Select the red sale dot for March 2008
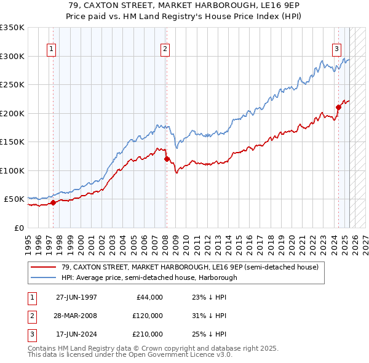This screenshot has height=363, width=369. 167,159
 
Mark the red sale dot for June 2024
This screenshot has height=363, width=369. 338,107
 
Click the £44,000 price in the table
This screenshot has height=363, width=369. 148,297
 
